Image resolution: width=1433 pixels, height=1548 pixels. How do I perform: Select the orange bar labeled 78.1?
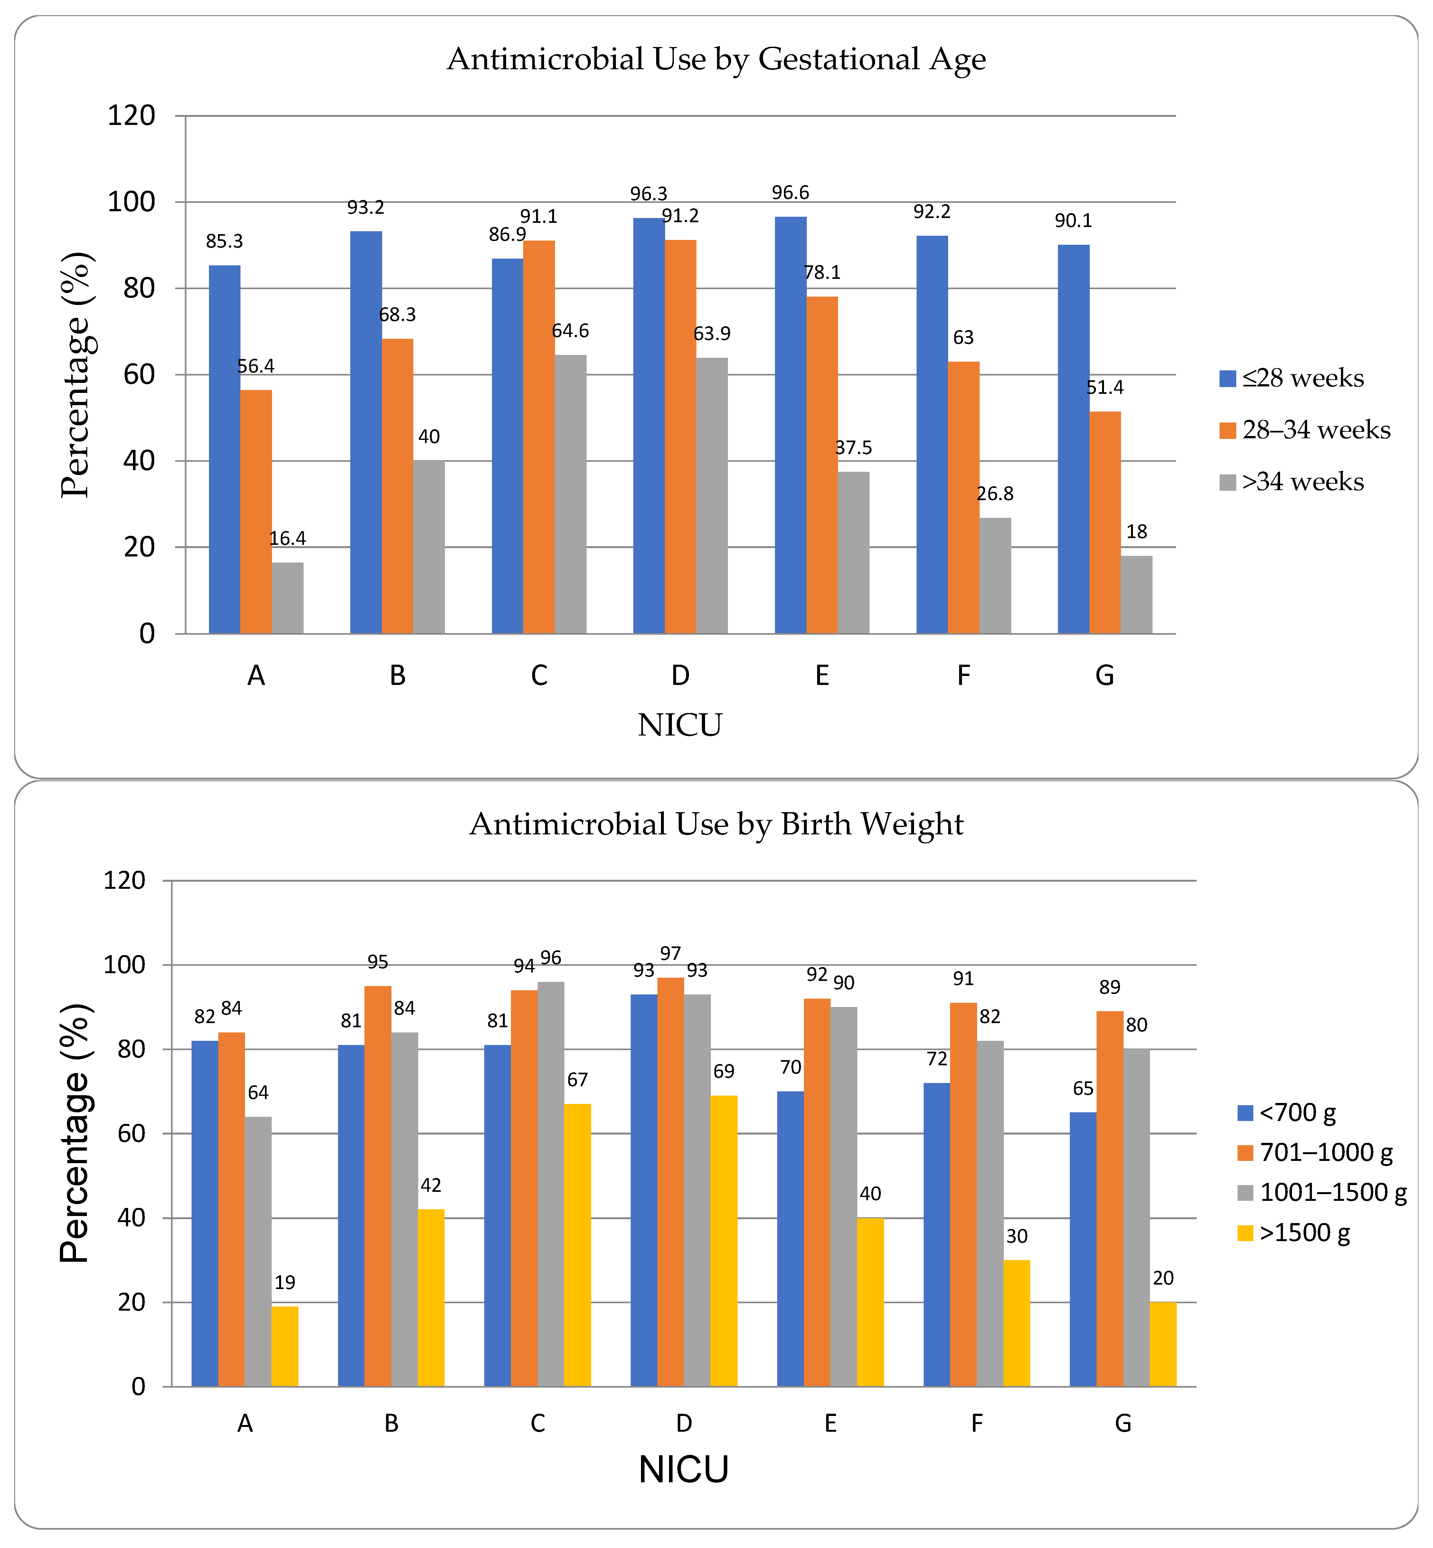[822, 465]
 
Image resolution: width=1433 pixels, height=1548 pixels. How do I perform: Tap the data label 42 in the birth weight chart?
[430, 1186]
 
